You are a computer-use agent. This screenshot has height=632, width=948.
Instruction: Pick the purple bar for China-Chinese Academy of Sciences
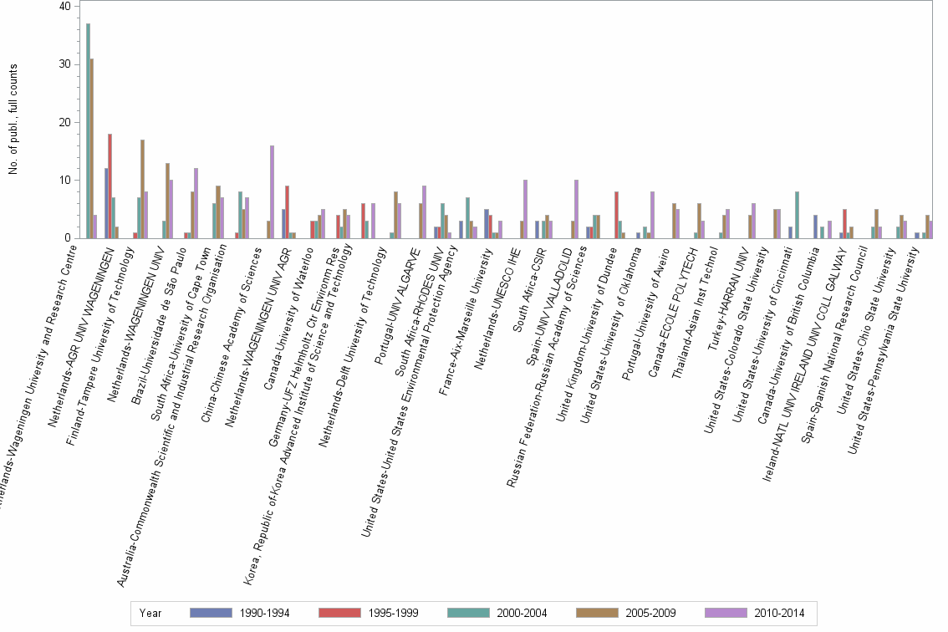coord(272,191)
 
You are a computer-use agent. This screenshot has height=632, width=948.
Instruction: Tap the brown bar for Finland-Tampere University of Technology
coord(142,188)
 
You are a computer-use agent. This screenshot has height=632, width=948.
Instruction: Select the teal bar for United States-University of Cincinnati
coord(798,215)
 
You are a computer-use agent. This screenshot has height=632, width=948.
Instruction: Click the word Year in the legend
coord(150,614)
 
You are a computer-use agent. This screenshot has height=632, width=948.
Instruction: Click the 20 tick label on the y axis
coord(65,122)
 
